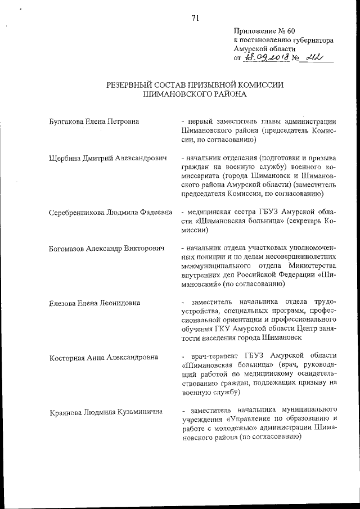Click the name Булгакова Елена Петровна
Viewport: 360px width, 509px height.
[x=94, y=121]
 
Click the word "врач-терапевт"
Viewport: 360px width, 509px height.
[x=215, y=356]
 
